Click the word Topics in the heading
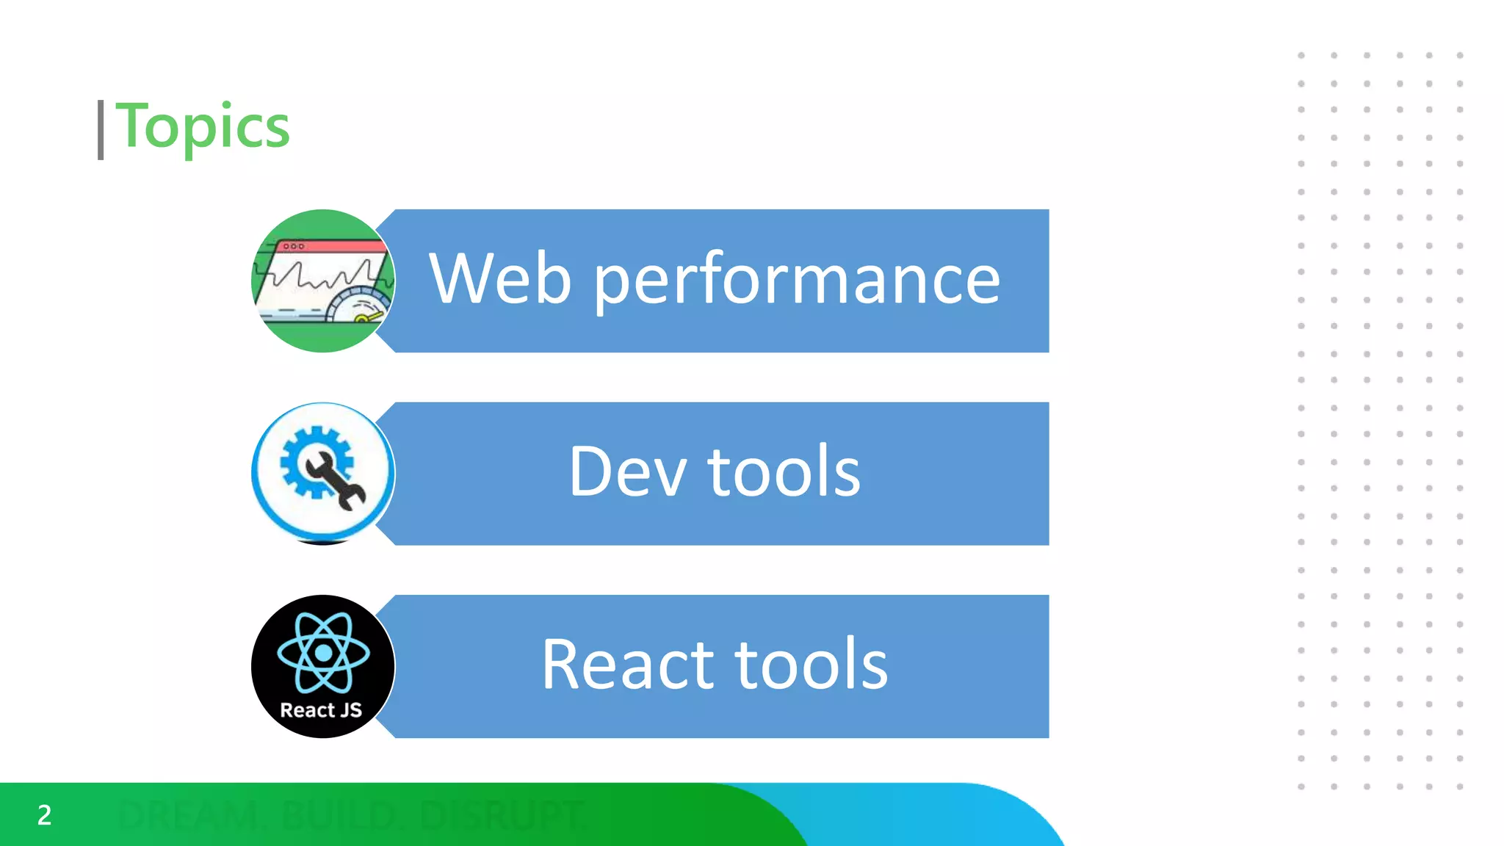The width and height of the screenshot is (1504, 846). coord(203,126)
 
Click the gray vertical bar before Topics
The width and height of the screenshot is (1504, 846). coord(101,130)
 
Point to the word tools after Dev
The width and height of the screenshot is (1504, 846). coord(784,471)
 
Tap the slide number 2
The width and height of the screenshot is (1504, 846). coord(44,815)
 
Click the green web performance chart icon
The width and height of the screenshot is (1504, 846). coord(323,281)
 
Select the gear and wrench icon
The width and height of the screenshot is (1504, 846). coord(323,473)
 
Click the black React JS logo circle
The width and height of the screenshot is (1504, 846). coord(323,666)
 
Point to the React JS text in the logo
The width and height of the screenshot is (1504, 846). coord(321,710)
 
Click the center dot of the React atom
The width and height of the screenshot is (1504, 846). coord(323,652)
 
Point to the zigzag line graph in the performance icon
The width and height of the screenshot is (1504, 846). coord(323,276)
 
